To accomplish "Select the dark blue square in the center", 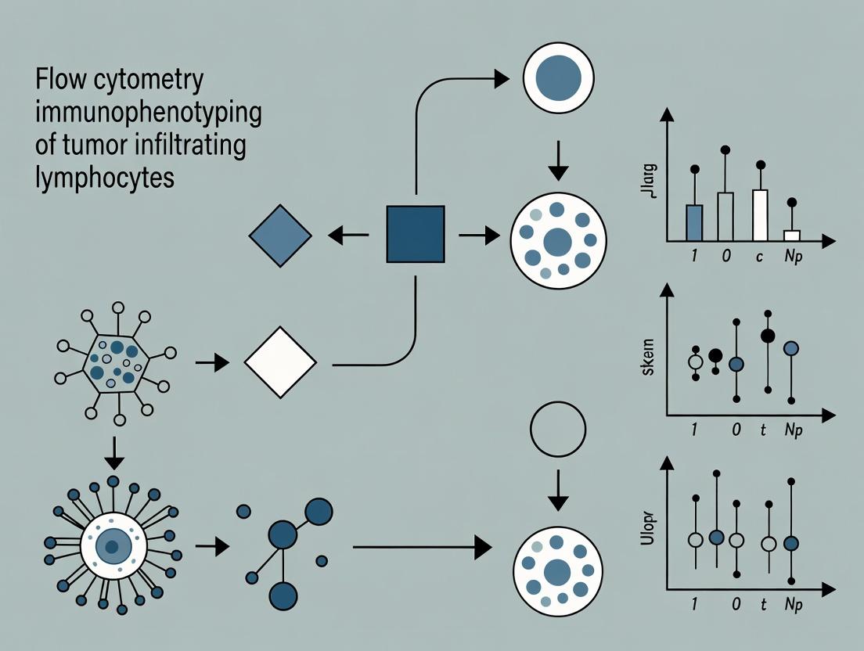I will pos(416,234).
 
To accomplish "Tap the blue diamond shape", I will pos(280,235).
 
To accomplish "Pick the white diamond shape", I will pos(280,362).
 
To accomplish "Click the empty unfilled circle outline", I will pos(558,430).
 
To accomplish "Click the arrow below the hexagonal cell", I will pos(114,448).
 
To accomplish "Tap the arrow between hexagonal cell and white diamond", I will pos(211,362).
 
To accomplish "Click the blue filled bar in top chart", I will pos(694,222).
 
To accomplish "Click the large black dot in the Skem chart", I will pos(769,336).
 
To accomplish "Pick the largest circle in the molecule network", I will pos(319,511).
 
